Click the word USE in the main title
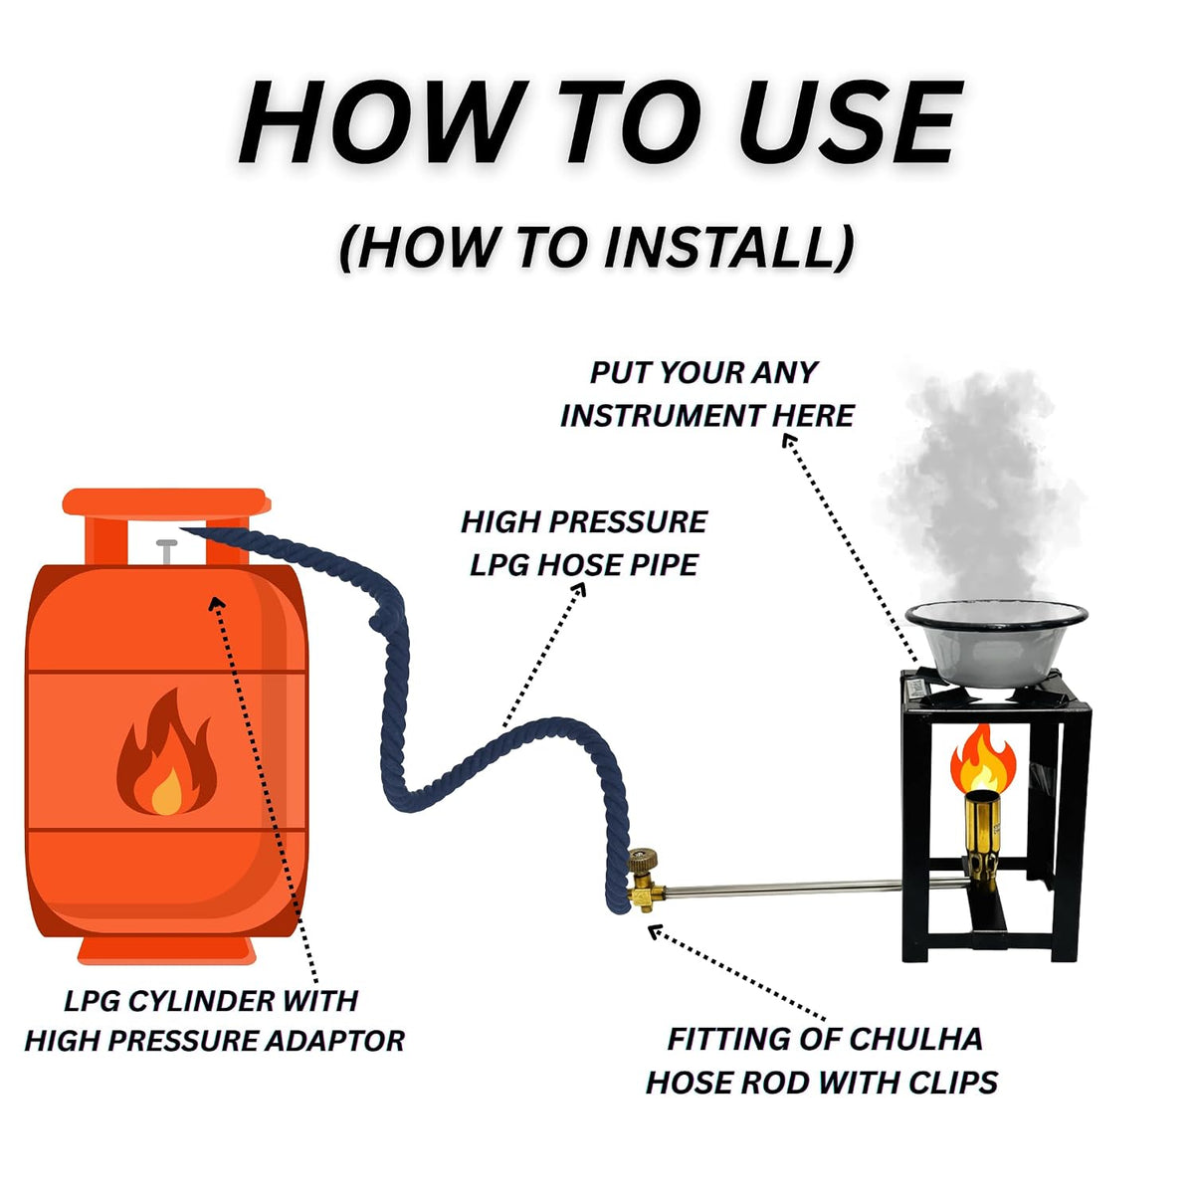click(x=850, y=122)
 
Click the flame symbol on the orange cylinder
click(x=167, y=753)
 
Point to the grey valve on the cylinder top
click(x=167, y=551)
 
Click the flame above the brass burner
click(x=983, y=758)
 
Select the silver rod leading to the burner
click(x=784, y=891)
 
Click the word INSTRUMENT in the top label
click(x=661, y=415)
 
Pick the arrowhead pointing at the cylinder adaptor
click(x=217, y=603)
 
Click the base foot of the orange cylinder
click(x=167, y=950)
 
